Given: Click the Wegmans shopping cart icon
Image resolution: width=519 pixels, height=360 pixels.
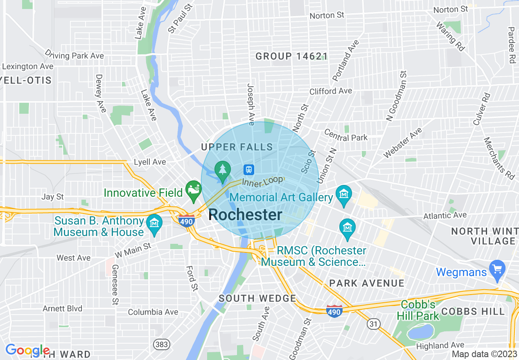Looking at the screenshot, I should [497, 269].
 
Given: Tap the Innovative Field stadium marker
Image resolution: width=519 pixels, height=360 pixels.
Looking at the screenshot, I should [193, 189].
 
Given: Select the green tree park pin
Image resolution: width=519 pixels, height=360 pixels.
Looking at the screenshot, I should [222, 170].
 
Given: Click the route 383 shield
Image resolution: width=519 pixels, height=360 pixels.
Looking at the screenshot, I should [162, 344].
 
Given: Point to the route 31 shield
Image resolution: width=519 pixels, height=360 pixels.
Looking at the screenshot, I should [374, 324].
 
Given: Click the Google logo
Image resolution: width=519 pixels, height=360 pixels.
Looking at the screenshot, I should [27, 351].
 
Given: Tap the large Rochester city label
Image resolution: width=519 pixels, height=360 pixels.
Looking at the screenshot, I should [245, 215].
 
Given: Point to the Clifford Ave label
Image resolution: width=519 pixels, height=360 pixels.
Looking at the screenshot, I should [331, 91].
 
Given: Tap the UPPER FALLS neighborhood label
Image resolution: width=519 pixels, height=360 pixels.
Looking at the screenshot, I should [237, 147].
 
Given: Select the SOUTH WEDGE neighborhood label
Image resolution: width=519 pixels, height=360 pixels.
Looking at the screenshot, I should [257, 298].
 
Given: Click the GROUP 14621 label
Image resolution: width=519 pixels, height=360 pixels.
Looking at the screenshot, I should [291, 56].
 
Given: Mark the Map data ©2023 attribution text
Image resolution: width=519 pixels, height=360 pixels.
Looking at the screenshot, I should [484, 354].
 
